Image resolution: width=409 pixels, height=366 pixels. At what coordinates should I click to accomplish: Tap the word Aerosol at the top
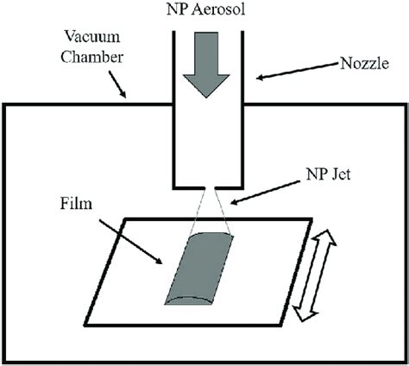[x=221, y=12]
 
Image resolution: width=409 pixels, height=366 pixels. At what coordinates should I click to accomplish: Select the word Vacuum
[x=84, y=39]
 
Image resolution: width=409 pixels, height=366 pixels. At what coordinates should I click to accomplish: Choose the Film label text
[x=76, y=207]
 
